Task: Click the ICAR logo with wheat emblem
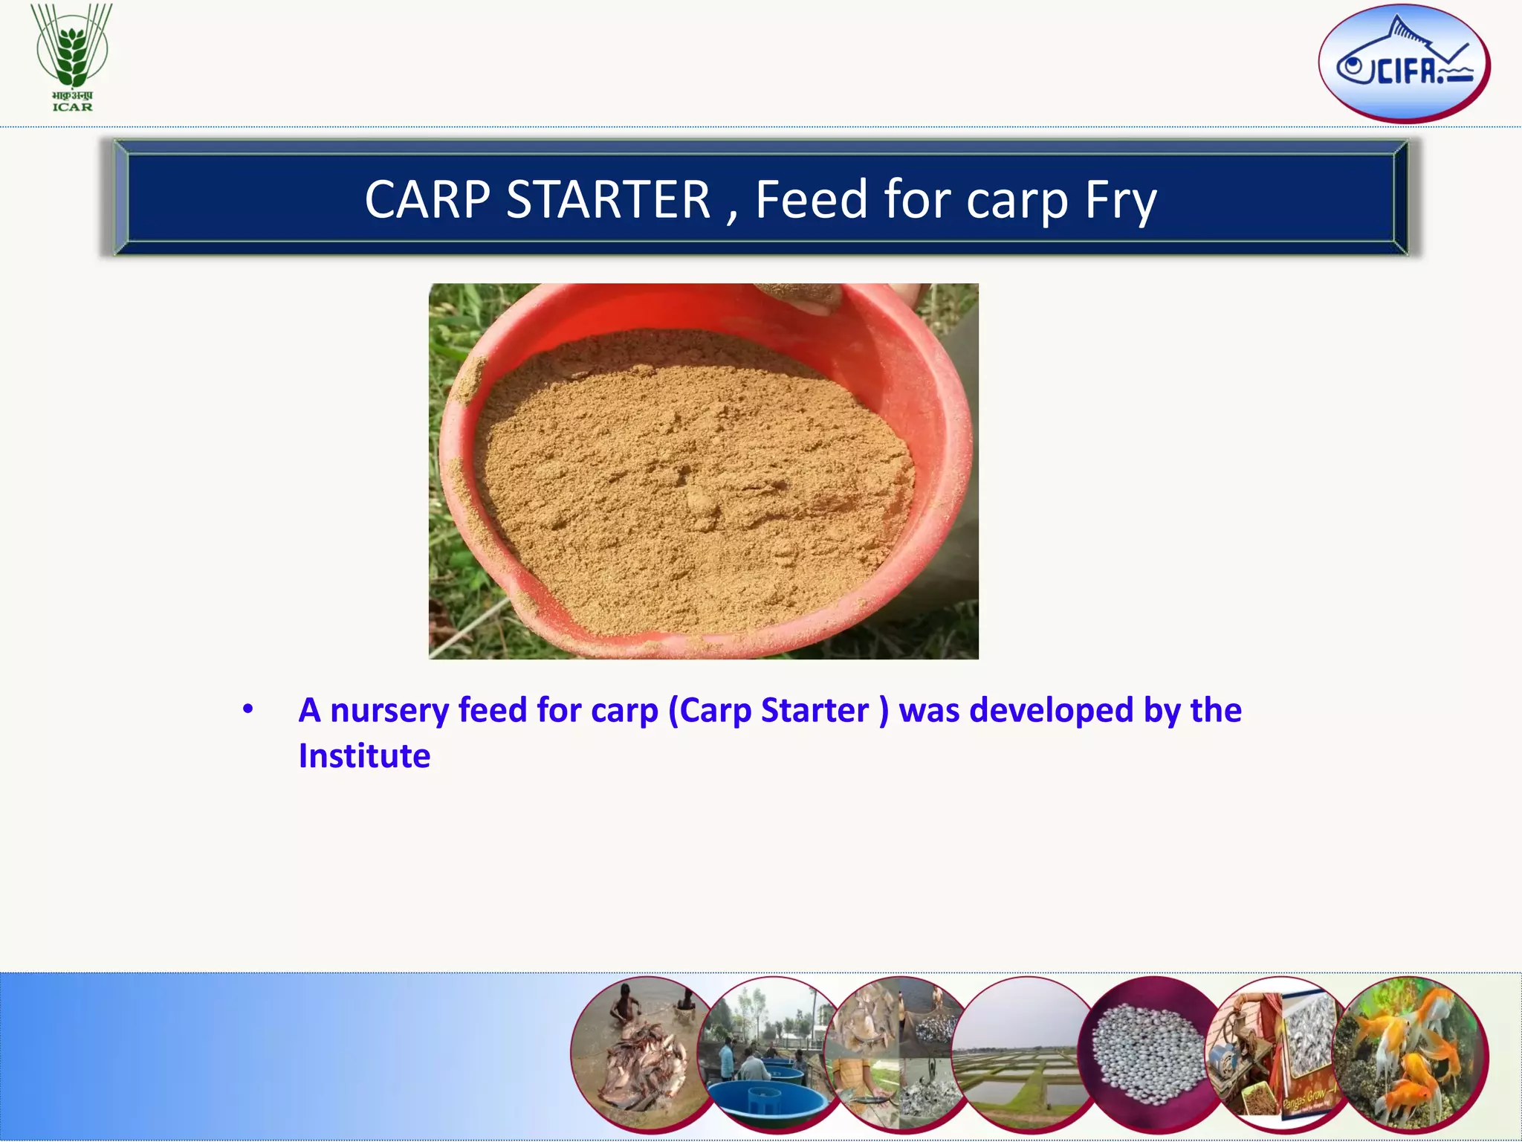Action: click(72, 57)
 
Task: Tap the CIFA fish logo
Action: click(1404, 63)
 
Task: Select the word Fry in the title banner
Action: click(1120, 201)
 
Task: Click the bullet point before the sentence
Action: click(248, 709)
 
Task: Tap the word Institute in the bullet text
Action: click(364, 756)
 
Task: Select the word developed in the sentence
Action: click(1051, 709)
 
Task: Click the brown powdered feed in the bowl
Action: click(691, 483)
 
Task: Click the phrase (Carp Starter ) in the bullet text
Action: click(778, 711)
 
